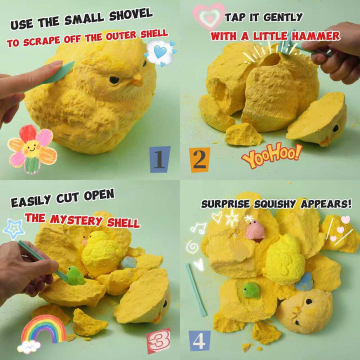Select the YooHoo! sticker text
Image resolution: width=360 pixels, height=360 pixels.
coord(271,155)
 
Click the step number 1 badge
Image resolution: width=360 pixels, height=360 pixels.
coord(159,159)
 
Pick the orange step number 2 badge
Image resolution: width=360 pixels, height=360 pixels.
coord(199,160)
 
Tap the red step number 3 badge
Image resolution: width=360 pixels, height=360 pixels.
coord(158,340)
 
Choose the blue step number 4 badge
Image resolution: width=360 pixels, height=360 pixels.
coord(199,341)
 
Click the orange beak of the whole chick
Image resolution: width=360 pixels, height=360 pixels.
coord(137,80)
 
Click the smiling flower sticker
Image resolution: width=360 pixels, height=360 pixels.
coord(32,149)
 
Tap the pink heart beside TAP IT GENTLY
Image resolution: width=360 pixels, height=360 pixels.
coord(209,16)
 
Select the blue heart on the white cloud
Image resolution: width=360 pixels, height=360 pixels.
coord(160,52)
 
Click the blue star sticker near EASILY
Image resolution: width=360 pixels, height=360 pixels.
coord(14,229)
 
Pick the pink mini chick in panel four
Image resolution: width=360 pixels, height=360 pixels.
coord(255,230)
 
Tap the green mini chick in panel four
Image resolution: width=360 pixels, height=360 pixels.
coord(251,290)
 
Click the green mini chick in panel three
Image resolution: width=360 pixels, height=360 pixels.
coord(75,275)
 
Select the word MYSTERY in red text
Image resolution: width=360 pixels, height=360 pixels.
coord(76,220)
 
